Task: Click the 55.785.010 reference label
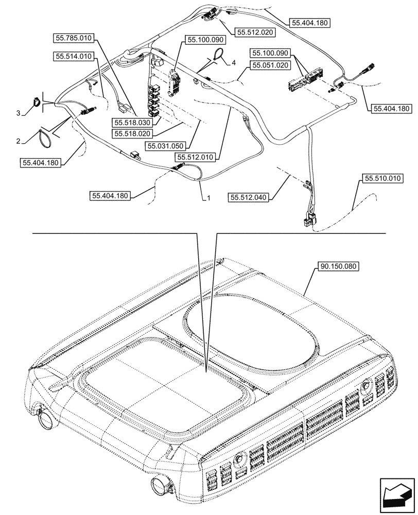pyautogui.click(x=74, y=38)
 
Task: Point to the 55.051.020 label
pyautogui.click(x=271, y=65)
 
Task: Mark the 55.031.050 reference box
pyautogui.click(x=165, y=146)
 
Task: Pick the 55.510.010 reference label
pyautogui.click(x=384, y=179)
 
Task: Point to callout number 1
pyautogui.click(x=208, y=198)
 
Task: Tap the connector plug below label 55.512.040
pyautogui.click(x=308, y=221)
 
